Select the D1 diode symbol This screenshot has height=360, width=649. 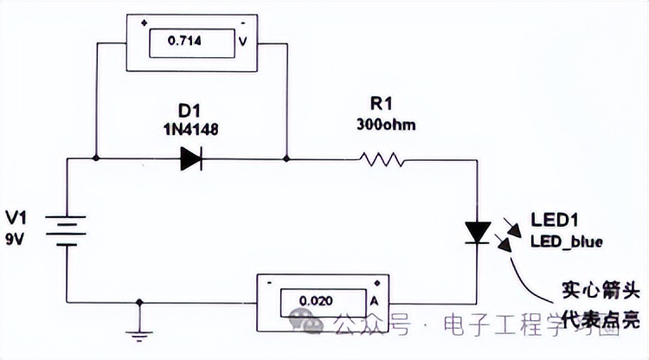pos(191,158)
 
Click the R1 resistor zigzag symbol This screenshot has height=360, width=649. pos(382,158)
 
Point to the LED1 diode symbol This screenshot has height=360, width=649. pos(478,232)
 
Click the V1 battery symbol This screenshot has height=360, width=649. pos(67,230)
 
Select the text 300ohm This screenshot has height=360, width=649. pos(385,124)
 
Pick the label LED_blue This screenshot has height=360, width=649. pos(567,240)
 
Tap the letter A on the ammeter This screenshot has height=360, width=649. pos(375,300)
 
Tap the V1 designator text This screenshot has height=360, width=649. pos(17,216)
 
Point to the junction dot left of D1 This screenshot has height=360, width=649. pos(95,158)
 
